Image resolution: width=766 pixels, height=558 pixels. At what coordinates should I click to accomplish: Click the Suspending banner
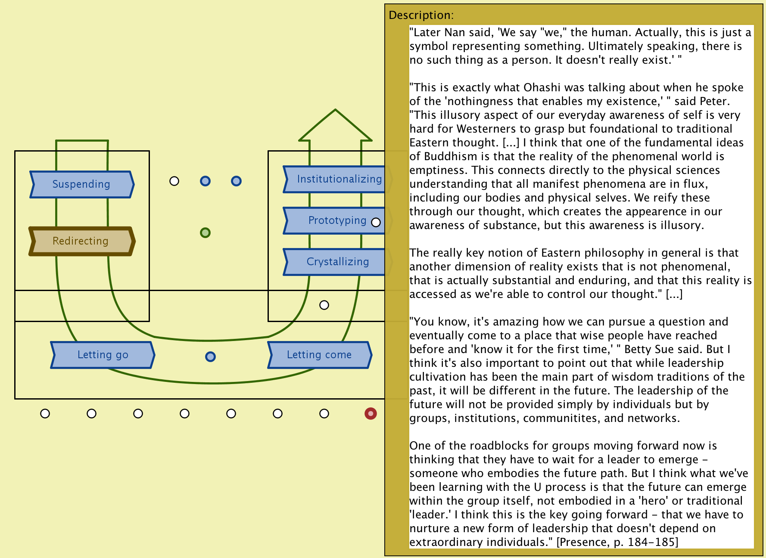(82, 185)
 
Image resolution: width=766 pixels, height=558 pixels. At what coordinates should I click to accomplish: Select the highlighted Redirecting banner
(82, 241)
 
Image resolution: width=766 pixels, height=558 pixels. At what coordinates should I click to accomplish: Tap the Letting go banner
(103, 355)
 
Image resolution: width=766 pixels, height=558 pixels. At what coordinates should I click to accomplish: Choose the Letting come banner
(320, 355)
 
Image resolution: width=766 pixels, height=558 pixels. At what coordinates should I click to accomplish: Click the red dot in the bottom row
(371, 414)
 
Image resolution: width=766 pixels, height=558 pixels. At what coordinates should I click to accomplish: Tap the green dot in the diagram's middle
(206, 233)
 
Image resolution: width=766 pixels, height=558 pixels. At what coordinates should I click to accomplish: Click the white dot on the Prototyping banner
(376, 222)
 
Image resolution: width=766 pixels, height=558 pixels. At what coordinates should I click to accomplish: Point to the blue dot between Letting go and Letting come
(210, 357)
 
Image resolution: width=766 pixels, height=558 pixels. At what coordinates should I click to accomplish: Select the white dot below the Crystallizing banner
(324, 305)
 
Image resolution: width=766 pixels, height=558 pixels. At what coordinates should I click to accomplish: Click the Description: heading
(421, 15)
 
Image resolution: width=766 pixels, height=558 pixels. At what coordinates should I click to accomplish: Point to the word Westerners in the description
(486, 129)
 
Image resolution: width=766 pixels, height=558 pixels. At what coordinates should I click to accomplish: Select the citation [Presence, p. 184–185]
(617, 542)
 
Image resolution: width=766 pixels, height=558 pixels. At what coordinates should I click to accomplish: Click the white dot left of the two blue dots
(174, 181)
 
